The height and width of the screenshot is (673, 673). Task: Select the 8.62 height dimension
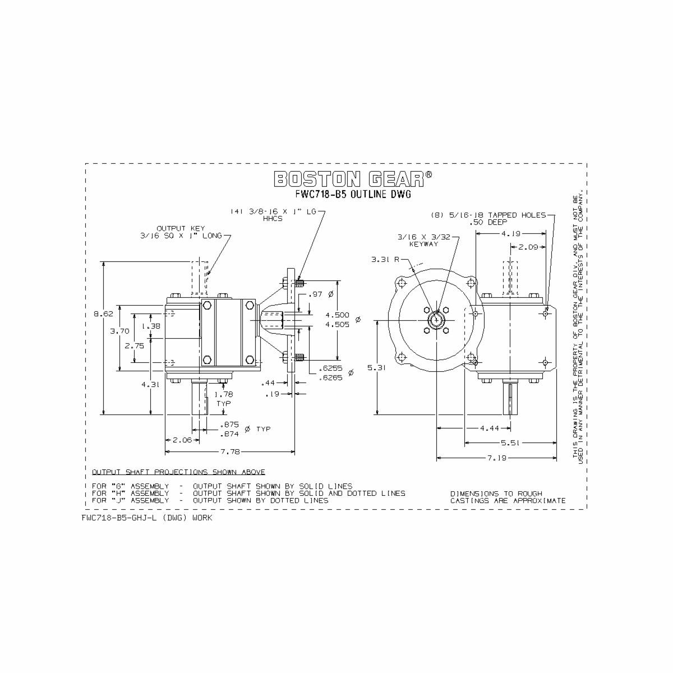tap(103, 314)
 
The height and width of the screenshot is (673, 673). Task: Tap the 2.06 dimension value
tap(182, 440)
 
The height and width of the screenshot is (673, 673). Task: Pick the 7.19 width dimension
tap(497, 458)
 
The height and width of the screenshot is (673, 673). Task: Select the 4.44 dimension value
tap(489, 428)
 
